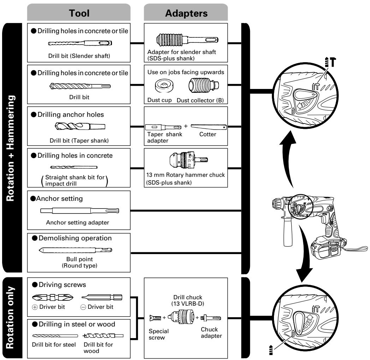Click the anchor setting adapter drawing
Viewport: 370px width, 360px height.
tap(79, 211)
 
